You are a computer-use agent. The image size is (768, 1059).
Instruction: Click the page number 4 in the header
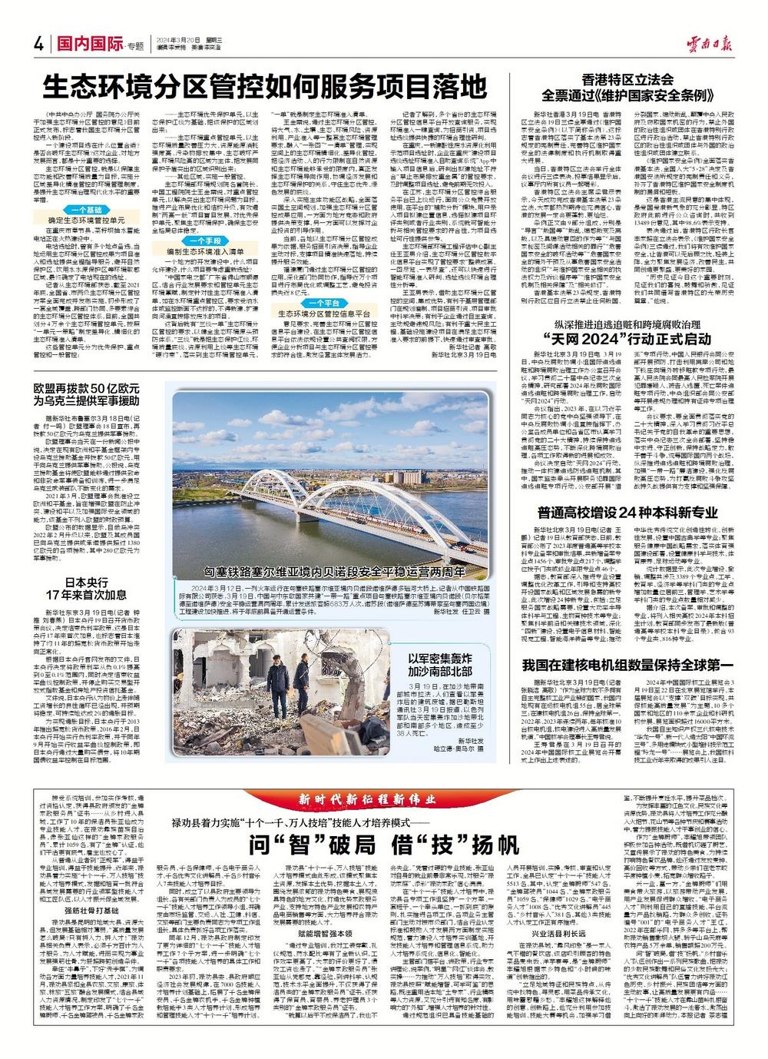click(x=37, y=43)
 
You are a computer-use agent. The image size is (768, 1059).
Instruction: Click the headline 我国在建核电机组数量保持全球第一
click(x=628, y=665)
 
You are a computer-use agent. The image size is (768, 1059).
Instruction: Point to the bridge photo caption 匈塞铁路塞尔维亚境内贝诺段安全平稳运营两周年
click(x=331, y=572)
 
